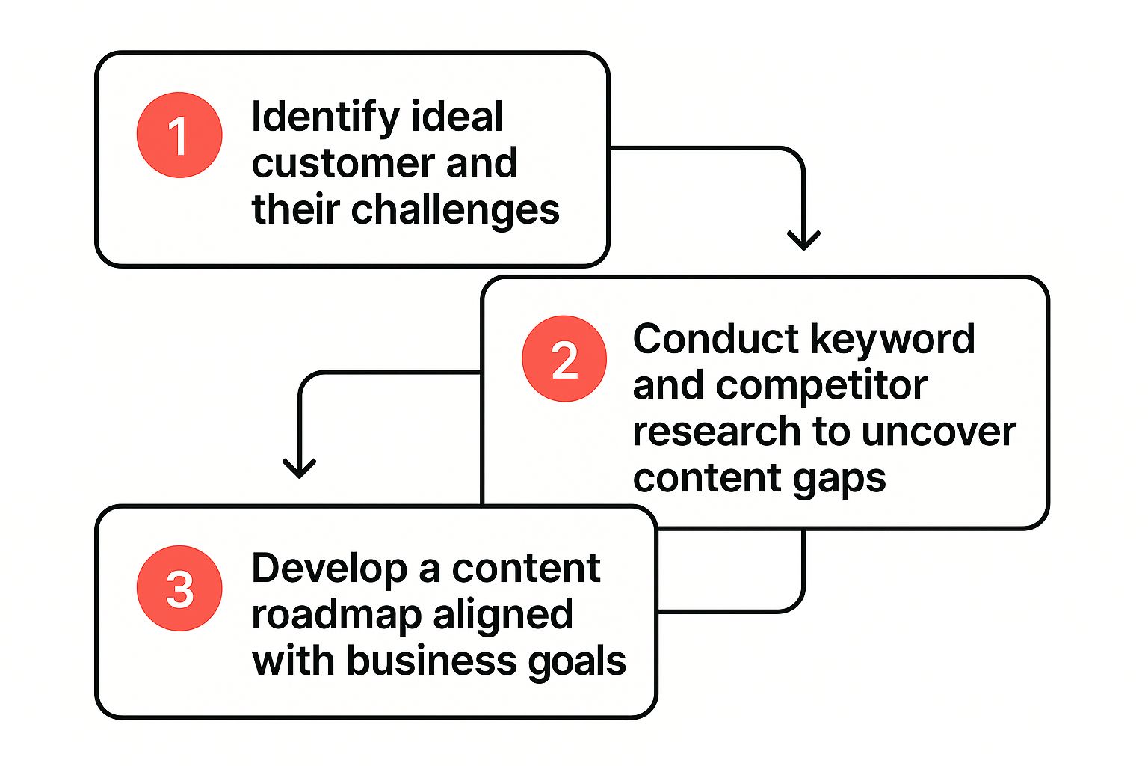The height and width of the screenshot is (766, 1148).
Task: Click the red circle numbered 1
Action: tap(179, 135)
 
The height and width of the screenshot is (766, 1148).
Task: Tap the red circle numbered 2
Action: tap(564, 359)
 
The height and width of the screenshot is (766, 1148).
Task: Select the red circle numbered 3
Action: tap(179, 588)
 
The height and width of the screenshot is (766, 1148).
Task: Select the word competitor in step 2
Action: tap(821, 386)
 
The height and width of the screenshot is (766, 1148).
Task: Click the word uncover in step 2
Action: tap(939, 432)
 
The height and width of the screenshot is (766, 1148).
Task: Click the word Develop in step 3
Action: tap(329, 569)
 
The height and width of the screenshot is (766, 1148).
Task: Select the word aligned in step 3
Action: tap(503, 616)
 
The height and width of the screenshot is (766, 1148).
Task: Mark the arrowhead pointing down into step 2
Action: tap(803, 239)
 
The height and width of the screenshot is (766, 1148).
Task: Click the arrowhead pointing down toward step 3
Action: tap(300, 468)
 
